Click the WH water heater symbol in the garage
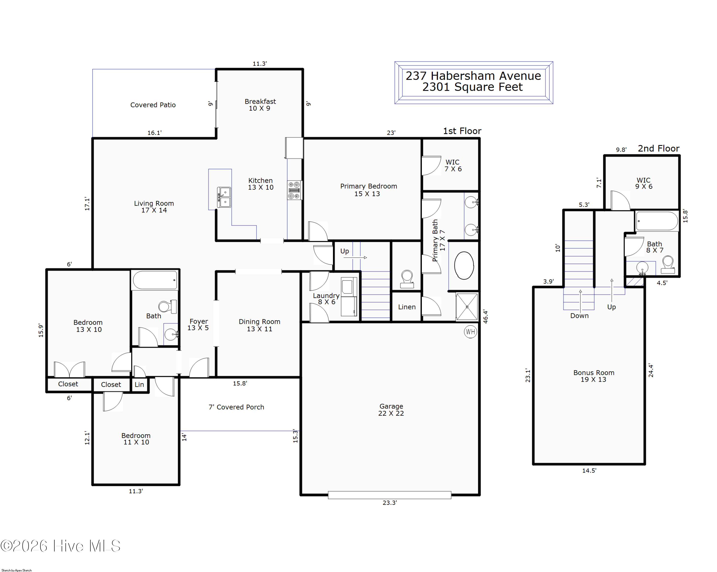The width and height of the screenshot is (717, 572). pos(470,332)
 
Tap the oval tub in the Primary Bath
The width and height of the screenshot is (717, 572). pos(464,265)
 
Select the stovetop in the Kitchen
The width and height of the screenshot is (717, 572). pos(294,190)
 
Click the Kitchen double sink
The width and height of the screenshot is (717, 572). pos(224,197)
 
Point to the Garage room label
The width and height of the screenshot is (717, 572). pos(391,410)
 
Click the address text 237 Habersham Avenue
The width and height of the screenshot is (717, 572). pos(473,76)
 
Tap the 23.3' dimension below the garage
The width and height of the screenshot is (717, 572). pos(390,502)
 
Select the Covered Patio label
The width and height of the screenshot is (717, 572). pos(153,105)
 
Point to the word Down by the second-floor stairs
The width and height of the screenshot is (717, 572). pos(579,316)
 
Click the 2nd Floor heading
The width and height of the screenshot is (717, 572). pos(658,148)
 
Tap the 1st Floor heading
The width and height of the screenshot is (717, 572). pos(462,131)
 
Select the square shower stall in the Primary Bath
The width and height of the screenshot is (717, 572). pos(467,307)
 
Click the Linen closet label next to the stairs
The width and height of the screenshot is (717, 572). pos(407,307)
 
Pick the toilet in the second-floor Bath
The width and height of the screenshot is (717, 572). pos(668,264)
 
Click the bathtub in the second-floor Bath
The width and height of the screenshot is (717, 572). pos(657,221)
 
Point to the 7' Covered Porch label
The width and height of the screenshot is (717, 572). pos(236,407)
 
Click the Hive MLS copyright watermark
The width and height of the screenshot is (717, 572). pos(60,546)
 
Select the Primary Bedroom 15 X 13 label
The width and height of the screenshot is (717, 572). pos(369,190)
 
